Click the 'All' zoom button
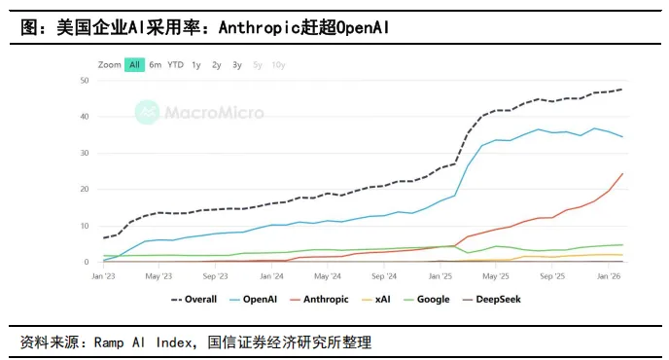click(x=134, y=65)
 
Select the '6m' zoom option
click(x=156, y=65)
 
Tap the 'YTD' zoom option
click(x=175, y=65)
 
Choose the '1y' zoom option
click(x=196, y=65)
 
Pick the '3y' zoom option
click(x=237, y=65)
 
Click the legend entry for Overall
click(x=194, y=300)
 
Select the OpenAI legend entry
click(x=253, y=300)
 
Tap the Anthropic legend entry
click(x=319, y=300)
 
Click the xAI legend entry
click(x=376, y=300)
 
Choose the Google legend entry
click(x=426, y=300)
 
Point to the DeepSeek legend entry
click(x=491, y=300)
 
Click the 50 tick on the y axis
click(x=85, y=81)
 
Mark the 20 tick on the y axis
click(x=85, y=189)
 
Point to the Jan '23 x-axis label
click(x=103, y=276)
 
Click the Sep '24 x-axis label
click(x=384, y=276)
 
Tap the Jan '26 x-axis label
click(x=609, y=276)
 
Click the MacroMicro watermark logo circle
click(x=147, y=112)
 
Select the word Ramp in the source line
click(x=109, y=342)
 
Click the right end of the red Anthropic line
click(x=622, y=173)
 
